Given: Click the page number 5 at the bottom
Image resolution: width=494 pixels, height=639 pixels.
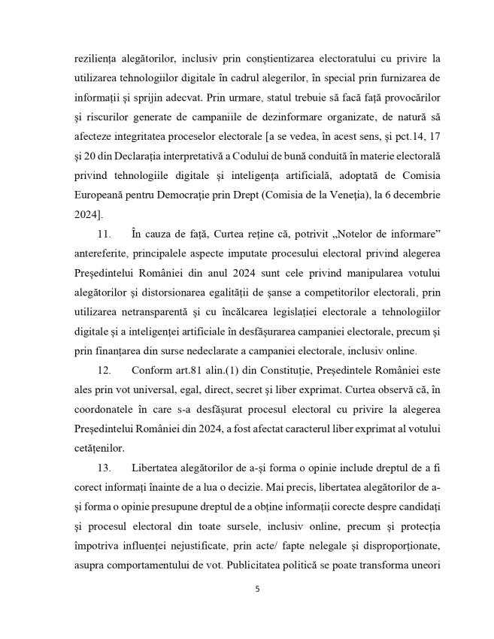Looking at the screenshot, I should click(x=257, y=589).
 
